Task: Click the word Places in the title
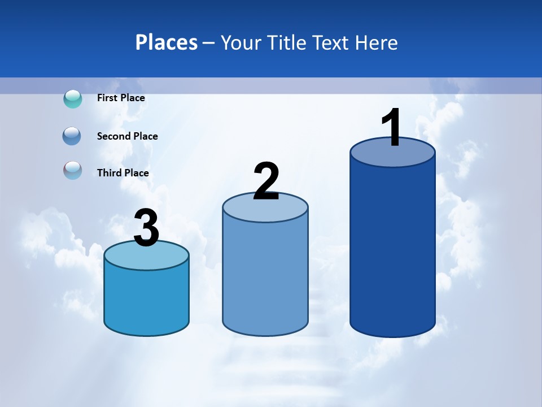point(167,42)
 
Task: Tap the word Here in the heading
point(377,42)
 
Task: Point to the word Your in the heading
point(241,42)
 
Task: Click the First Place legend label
point(121,98)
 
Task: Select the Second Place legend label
point(127,136)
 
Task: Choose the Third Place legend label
point(123,173)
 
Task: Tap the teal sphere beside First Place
point(73,99)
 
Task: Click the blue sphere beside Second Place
point(72,136)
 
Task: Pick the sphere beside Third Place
point(72,170)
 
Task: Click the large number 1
point(391,128)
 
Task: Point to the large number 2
point(266,181)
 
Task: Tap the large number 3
point(147,228)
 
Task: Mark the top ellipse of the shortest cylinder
point(146,257)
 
